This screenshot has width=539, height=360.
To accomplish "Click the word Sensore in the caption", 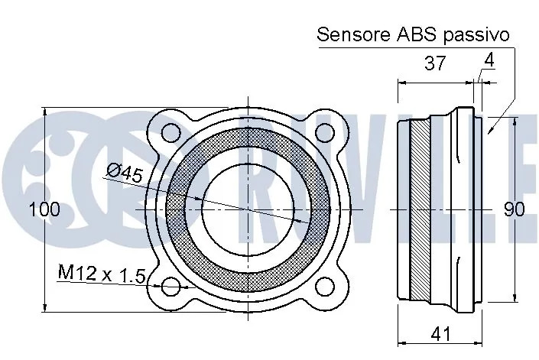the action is point(354,34).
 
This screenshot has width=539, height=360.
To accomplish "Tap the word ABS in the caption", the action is point(417,34).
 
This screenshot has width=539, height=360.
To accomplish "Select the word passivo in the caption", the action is point(476,36).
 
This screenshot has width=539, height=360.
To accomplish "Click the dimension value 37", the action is point(435,63).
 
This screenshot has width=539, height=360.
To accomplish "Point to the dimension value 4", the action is point(489,60).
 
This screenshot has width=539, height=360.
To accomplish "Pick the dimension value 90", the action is point(515,209).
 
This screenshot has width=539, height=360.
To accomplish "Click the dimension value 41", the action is point(440,333).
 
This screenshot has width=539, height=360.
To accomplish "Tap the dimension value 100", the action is point(44,209).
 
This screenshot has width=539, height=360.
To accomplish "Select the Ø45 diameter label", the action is point(125,173).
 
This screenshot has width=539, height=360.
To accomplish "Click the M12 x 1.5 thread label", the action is point(102,273).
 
